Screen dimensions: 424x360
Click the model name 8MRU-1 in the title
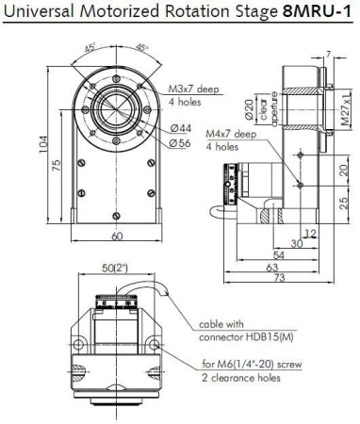click(316, 12)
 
